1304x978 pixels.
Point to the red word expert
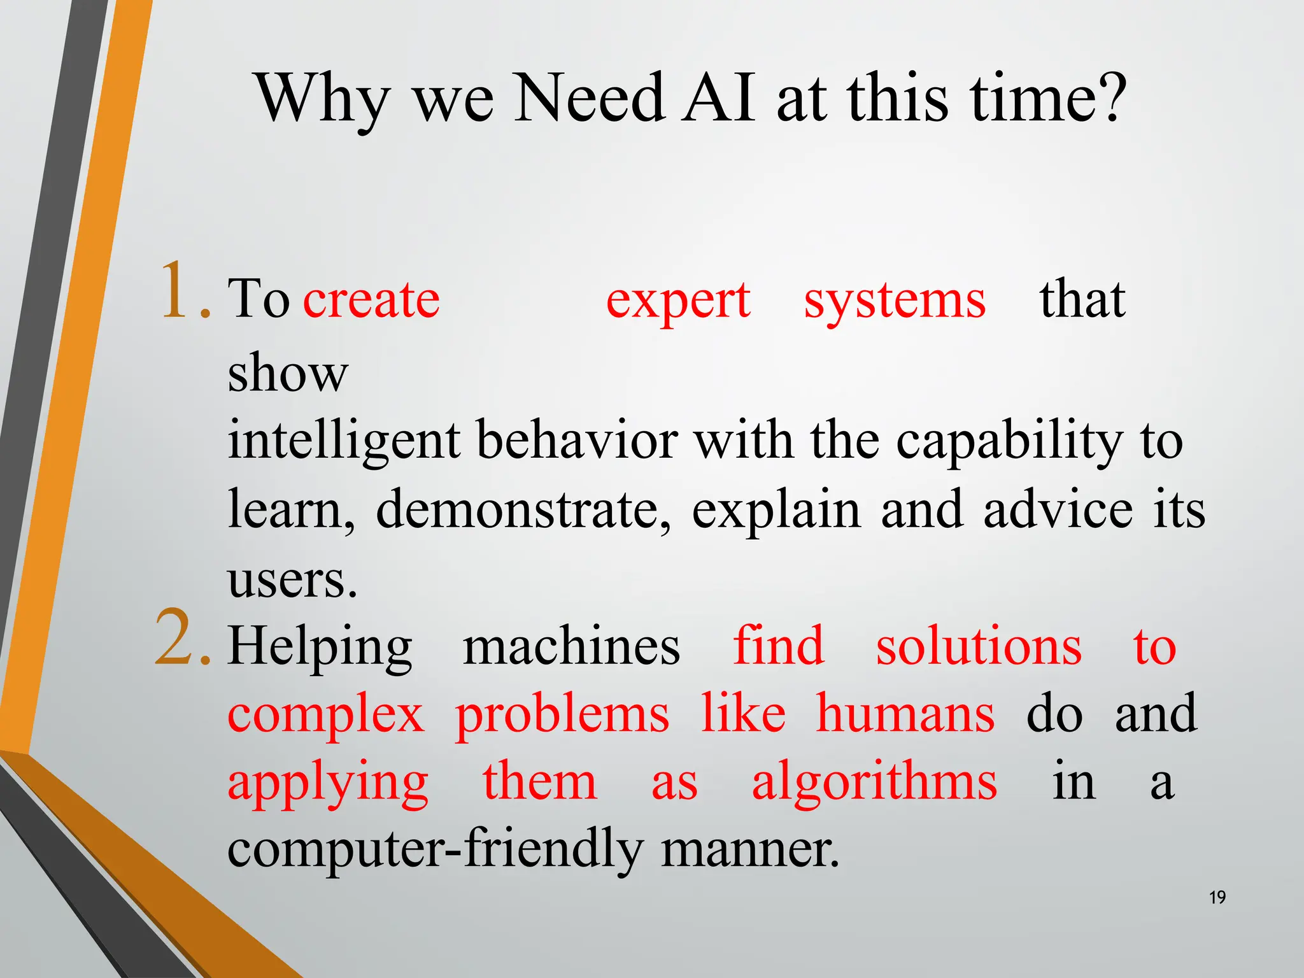(x=678, y=301)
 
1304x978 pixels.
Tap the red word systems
(x=895, y=301)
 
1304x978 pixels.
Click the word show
(x=288, y=372)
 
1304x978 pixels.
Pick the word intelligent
(x=344, y=441)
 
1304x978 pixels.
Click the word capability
(x=1009, y=441)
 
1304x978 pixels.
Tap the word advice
(x=1058, y=510)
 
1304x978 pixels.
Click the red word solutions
(x=979, y=646)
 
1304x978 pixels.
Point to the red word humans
(x=905, y=714)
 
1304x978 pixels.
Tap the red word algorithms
(x=874, y=783)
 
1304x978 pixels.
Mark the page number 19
(x=1217, y=898)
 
